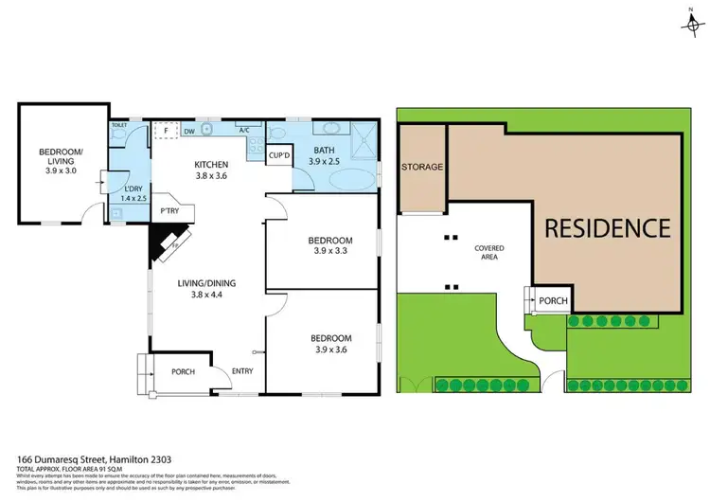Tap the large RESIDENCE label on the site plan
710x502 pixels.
coord(607,228)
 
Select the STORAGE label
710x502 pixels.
coord(421,167)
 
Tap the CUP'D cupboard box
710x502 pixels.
coord(279,155)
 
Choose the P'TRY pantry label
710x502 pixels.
coord(170,211)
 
